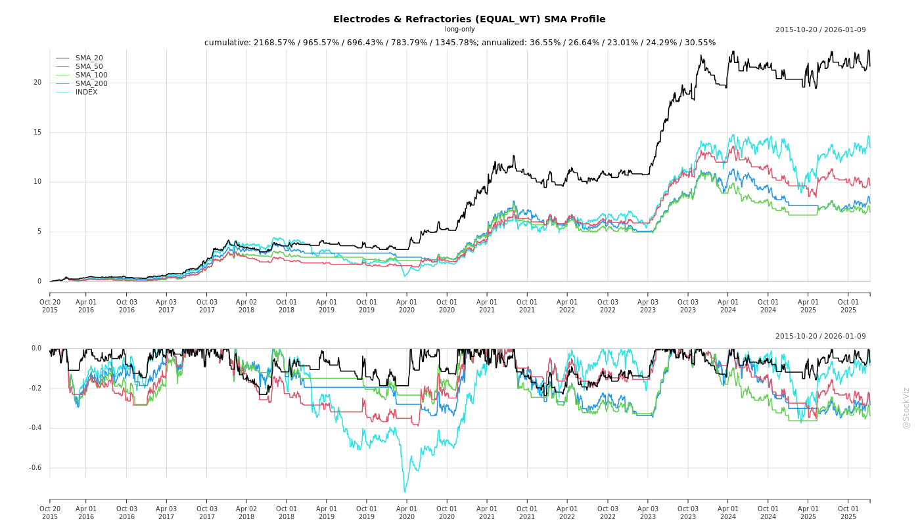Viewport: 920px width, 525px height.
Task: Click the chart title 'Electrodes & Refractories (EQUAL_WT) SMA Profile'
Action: (x=469, y=19)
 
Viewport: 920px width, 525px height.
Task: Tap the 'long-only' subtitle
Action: (x=459, y=30)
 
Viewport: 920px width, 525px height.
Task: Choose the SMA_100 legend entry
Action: (x=91, y=75)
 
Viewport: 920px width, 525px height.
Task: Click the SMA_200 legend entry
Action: (x=91, y=84)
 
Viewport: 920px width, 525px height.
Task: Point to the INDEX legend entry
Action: (x=86, y=93)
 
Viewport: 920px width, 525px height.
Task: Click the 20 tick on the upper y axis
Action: (x=37, y=83)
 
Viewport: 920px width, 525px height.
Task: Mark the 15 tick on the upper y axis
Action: (x=37, y=133)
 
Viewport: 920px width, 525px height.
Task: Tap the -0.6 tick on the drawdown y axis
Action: (x=35, y=468)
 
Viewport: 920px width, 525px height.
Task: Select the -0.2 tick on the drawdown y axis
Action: (x=35, y=388)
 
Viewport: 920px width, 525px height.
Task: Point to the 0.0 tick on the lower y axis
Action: (x=36, y=348)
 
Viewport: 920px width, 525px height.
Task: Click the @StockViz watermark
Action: (x=906, y=408)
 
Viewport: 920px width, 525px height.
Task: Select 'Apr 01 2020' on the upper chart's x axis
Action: (x=407, y=306)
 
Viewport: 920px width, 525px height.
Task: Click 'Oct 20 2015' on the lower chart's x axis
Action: (x=50, y=513)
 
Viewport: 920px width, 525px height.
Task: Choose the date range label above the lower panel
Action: (x=820, y=337)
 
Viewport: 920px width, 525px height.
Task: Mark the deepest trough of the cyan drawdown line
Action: (x=404, y=492)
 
